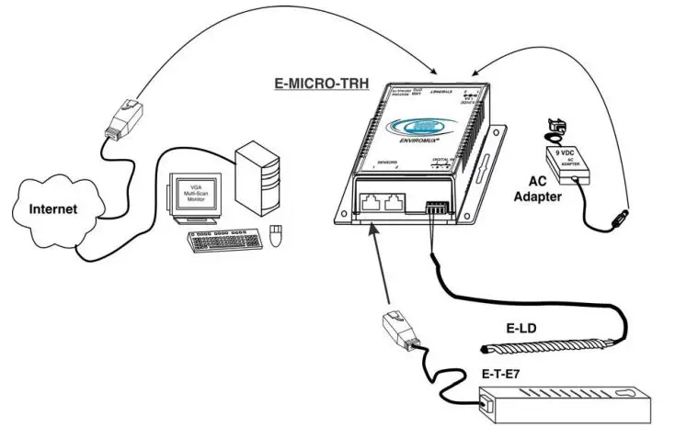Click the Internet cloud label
[53, 208]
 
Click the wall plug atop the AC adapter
[555, 128]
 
